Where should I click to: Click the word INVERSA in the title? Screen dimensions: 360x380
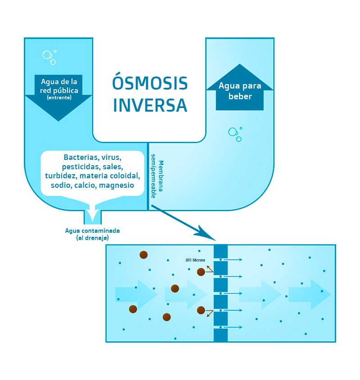[x=150, y=105]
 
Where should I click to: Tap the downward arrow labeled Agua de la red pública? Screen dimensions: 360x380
[x=58, y=98]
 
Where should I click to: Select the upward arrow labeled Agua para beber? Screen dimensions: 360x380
[x=239, y=87]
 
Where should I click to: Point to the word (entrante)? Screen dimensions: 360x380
[x=59, y=97]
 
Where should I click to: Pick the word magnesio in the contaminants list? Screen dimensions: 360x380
[x=117, y=185]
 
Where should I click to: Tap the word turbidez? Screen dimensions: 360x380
[x=61, y=176]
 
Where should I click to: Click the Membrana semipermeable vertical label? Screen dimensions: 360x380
[x=157, y=176]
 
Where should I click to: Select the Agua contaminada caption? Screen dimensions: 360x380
[x=92, y=231]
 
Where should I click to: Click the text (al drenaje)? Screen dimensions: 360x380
[x=92, y=238]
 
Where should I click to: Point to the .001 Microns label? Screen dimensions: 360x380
[x=195, y=260]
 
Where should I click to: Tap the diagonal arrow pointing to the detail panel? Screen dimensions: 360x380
[x=184, y=223]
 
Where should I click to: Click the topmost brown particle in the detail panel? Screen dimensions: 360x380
[x=144, y=255]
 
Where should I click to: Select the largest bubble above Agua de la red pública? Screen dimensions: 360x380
[x=47, y=55]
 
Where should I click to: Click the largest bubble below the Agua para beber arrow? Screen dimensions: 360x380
[x=233, y=132]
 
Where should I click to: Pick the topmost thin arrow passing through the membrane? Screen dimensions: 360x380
[x=231, y=259]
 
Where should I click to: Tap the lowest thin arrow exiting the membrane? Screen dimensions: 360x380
[x=231, y=327]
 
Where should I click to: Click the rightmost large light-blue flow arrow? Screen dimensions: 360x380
[x=310, y=294]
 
